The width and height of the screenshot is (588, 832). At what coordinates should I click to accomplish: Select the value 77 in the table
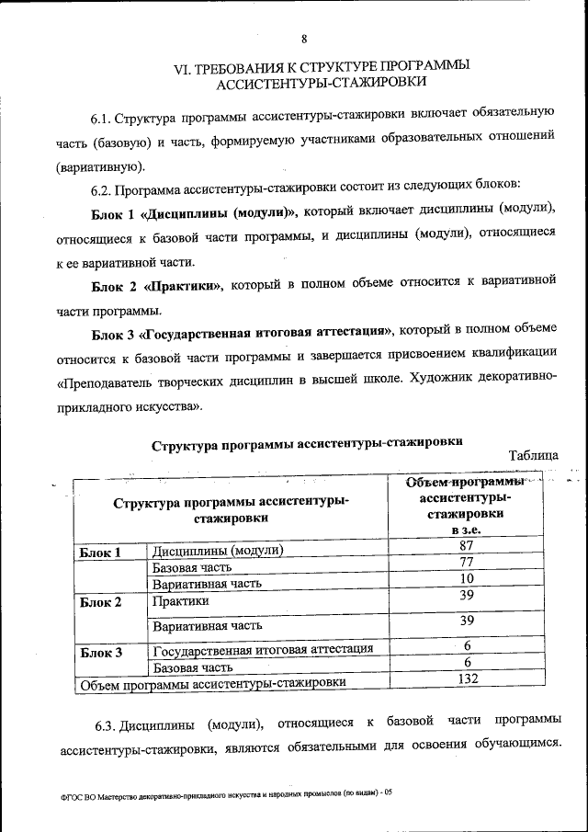466,563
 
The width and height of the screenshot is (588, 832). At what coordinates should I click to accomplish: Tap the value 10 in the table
466,578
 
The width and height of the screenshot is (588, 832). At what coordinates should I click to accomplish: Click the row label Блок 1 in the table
100,553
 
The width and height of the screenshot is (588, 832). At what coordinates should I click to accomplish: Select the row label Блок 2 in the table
100,603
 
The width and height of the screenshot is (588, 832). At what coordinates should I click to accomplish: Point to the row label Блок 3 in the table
100,654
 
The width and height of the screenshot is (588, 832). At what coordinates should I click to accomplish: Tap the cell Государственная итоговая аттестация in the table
263,650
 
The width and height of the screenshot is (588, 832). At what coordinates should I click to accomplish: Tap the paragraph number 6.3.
107,720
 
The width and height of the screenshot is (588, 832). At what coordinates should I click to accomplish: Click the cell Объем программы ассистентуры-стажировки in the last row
213,683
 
